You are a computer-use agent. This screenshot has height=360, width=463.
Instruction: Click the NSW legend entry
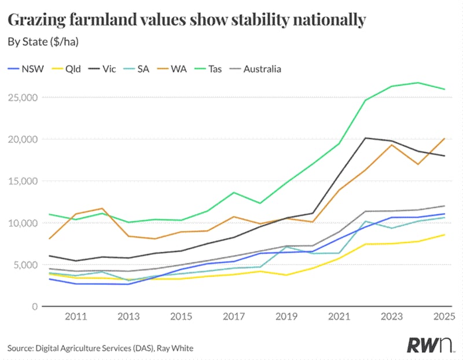coord(25,69)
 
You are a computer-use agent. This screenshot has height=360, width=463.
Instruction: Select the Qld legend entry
coord(66,69)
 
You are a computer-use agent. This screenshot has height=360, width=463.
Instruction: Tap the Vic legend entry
coord(102,69)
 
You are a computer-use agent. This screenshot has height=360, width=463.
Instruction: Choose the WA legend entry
coord(171,69)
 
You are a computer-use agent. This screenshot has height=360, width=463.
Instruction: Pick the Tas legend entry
coord(208,69)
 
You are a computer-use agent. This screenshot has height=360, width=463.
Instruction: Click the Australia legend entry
coord(255,69)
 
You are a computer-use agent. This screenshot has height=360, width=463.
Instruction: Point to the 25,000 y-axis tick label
coord(23,97)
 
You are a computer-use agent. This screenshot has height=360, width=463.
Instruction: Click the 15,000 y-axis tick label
coord(23,181)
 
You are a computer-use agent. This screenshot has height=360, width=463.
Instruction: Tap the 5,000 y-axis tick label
coord(25,265)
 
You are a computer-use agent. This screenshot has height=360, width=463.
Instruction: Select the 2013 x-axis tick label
coord(128,317)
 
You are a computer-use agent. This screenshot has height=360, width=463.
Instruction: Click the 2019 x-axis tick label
coord(286,317)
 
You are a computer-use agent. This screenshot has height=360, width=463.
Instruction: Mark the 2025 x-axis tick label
coord(444,317)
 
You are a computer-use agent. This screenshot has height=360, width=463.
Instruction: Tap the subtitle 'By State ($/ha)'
coord(43,42)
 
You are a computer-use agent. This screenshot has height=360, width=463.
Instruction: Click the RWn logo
coord(429,344)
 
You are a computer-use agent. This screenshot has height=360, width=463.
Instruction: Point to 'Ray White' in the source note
coord(175,348)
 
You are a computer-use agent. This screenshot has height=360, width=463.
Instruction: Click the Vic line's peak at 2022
coord(366,138)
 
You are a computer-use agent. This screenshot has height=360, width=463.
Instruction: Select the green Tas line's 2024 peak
coord(418,83)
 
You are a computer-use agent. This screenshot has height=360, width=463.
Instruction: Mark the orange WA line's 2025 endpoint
coord(444,138)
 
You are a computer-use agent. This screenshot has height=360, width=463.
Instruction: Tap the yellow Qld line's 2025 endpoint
coord(444,235)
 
